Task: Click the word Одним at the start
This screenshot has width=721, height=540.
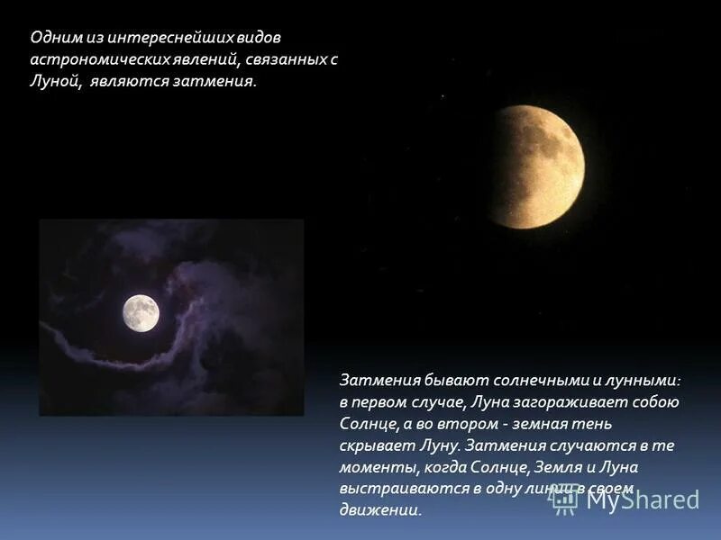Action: pos(50,38)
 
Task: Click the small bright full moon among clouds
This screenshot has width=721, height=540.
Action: pos(141,312)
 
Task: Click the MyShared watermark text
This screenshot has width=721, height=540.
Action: pos(642,499)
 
